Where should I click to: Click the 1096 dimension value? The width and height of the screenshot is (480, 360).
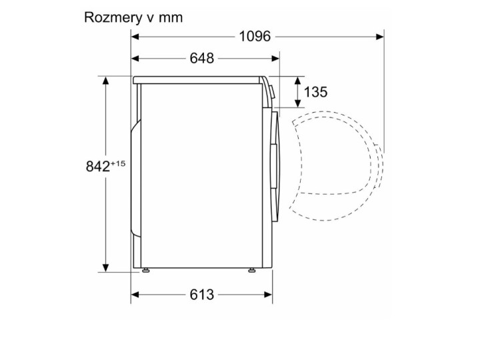[255, 36]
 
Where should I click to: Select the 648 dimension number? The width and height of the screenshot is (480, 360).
[201, 58]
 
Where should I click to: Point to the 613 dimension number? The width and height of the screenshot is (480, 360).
[201, 294]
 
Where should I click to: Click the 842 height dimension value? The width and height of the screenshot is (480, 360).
[98, 167]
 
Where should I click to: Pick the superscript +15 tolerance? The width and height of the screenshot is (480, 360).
[119, 163]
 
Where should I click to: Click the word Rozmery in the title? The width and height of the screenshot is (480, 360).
[111, 17]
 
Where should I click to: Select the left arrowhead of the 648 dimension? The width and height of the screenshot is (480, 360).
[134, 58]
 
